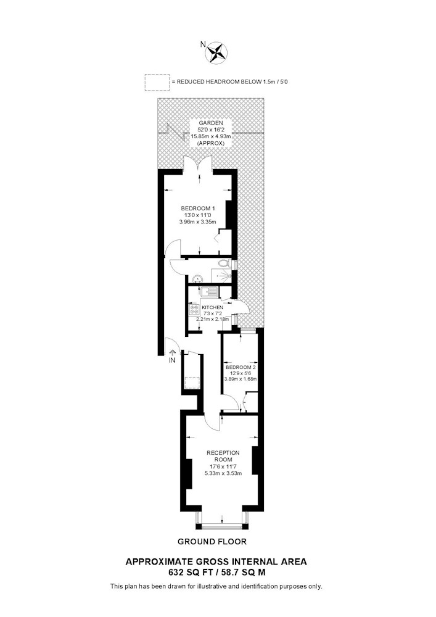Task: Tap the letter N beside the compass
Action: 203,44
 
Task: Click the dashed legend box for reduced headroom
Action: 157,82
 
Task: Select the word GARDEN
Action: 211,123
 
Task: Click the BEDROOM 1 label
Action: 198,208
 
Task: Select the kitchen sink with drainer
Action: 209,292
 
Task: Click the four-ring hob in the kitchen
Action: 194,309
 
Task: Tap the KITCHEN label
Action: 212,307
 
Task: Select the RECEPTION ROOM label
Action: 223,456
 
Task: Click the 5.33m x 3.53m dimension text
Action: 223,473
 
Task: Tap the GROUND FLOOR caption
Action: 212,542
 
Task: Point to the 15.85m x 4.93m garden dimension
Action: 211,136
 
